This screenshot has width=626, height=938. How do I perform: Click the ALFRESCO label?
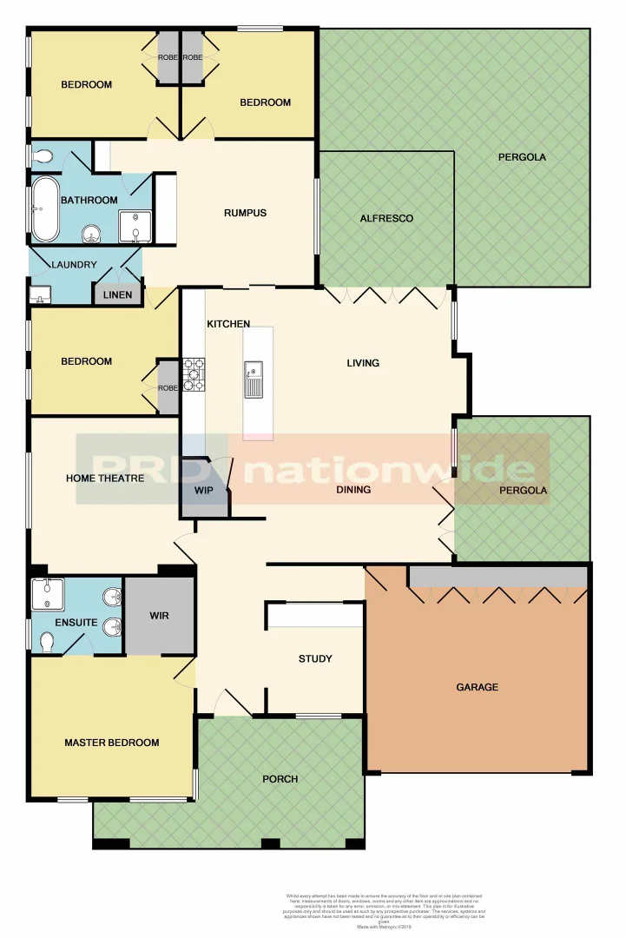point(386,218)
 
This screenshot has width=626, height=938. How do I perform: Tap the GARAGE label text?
point(478,687)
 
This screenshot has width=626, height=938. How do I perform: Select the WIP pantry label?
point(203,491)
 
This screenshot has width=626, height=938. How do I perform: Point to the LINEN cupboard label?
point(117,295)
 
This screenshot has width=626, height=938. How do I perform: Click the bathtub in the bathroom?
point(45,209)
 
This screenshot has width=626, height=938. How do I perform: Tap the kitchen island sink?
point(253,379)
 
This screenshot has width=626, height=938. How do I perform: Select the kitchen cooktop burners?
point(193,374)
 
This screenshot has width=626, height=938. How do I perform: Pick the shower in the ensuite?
point(47,595)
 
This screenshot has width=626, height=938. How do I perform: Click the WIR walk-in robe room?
point(159,616)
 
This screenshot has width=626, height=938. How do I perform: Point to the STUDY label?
point(315,658)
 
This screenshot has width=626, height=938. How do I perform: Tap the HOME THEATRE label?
point(105,478)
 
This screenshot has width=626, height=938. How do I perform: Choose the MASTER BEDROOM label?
point(112,743)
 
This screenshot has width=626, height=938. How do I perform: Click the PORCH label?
point(280,779)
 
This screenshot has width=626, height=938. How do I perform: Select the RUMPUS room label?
point(245,213)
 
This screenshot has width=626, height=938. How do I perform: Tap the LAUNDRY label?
point(74,265)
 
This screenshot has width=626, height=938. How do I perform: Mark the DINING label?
point(353,490)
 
